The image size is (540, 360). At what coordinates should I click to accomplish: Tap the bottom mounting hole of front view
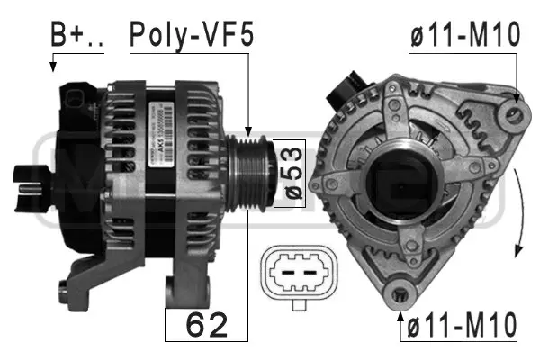(x=400, y=293)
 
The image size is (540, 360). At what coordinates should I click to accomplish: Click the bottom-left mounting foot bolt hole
(x=64, y=289)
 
